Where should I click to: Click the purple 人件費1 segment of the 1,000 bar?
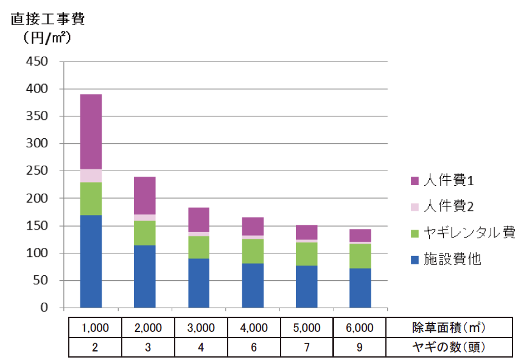[x=91, y=132]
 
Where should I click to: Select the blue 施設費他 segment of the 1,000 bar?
[x=91, y=261]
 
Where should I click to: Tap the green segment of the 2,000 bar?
[x=144, y=233]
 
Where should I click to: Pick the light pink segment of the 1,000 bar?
[x=91, y=175]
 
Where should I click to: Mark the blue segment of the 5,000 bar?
[x=306, y=286]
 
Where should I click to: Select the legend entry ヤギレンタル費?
[x=463, y=233]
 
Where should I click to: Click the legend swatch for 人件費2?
[x=415, y=207]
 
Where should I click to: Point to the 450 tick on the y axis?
[x=38, y=62]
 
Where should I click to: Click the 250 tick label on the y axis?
[x=38, y=171]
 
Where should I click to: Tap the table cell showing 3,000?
[x=201, y=327]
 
